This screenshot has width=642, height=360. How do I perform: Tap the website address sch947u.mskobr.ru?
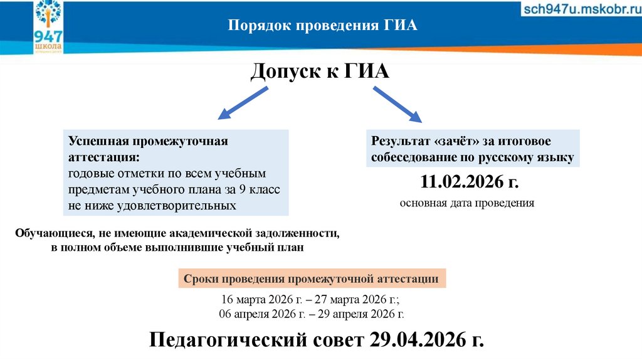point(581,10)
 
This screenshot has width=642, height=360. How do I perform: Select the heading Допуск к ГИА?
point(320,72)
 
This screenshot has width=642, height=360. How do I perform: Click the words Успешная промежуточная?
point(148,140)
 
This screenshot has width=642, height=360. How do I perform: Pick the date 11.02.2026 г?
point(470,183)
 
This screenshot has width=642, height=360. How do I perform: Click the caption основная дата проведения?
point(467,203)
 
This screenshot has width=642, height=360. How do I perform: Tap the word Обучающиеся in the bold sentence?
point(54,233)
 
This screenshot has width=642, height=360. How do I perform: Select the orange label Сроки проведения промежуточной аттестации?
point(312,279)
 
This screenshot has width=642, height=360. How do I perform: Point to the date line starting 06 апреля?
point(312,314)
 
